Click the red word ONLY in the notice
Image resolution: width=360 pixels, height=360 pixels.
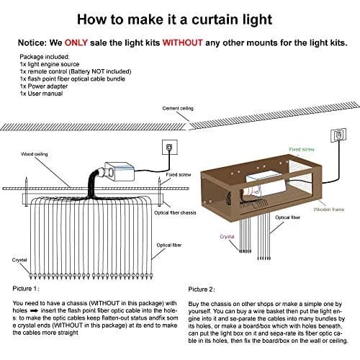(x=76, y=42)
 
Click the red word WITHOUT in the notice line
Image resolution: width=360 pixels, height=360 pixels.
(x=183, y=42)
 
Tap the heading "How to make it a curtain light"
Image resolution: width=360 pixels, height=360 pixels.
(x=174, y=19)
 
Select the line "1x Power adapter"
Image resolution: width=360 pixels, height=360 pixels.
(x=44, y=86)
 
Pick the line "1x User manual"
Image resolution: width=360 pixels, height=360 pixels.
(x=41, y=94)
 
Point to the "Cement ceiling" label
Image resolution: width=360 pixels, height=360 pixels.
(x=178, y=108)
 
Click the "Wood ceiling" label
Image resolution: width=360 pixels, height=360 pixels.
(x=35, y=154)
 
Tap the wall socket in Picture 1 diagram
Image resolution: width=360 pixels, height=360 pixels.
(x=170, y=147)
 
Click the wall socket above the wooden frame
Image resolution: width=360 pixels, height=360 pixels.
(x=338, y=135)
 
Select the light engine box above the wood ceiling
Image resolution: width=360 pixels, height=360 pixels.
(x=120, y=171)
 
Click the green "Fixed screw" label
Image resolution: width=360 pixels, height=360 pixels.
(x=302, y=149)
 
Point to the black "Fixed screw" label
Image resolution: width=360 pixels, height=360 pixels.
(x=179, y=175)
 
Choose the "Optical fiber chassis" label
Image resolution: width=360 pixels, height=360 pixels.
(x=175, y=212)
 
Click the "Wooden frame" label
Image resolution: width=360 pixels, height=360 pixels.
(x=329, y=210)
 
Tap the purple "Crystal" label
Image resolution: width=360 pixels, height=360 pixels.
(x=227, y=237)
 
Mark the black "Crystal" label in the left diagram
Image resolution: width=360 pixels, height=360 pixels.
(x=19, y=260)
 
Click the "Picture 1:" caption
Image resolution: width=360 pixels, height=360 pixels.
(x=26, y=289)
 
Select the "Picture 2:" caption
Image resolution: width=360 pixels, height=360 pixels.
(x=202, y=289)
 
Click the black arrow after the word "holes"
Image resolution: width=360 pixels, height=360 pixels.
(x=35, y=311)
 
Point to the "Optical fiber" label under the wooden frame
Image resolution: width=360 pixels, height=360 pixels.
(x=287, y=217)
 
